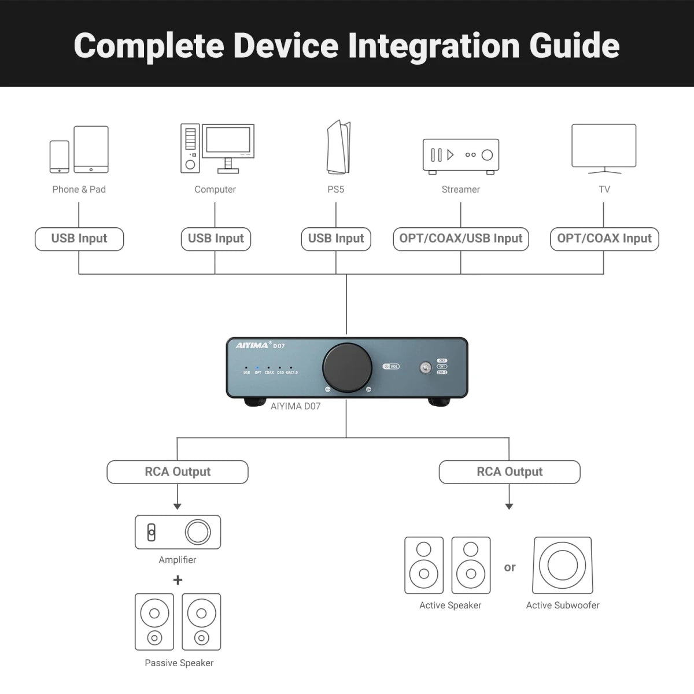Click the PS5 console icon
[339, 147]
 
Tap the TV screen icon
[604, 146]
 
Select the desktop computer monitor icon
[228, 141]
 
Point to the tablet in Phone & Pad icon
[91, 149]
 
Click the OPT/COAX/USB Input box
[461, 239]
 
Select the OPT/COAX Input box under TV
[604, 239]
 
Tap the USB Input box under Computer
[216, 239]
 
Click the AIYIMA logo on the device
[252, 346]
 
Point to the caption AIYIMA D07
[296, 406]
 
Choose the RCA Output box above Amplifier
[178, 472]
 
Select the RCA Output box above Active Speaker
[510, 472]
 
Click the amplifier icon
[178, 532]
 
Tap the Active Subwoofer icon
[563, 566]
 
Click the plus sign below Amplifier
[178, 579]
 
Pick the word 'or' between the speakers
[510, 567]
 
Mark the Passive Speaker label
[179, 663]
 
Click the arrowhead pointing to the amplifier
[178, 506]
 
